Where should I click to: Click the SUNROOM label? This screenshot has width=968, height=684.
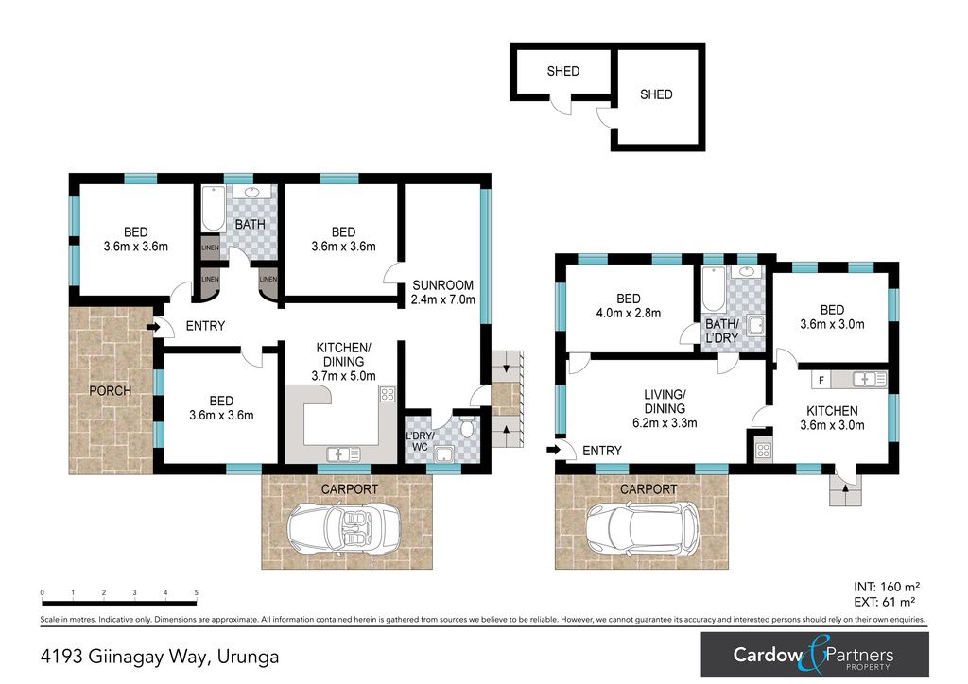pos(442,285)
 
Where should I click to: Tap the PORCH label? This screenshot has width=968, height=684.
pos(111,390)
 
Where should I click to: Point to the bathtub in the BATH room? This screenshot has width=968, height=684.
pos(214,209)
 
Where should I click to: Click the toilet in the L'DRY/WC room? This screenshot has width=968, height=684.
pos(467,425)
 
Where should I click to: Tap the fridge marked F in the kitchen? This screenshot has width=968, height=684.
pos(821,380)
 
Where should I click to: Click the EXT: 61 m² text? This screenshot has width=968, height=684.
pos(884,602)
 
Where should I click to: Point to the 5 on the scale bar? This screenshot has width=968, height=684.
pos(197,592)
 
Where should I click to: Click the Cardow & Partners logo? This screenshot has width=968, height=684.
pos(814,655)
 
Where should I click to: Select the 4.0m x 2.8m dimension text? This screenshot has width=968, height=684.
pos(629,313)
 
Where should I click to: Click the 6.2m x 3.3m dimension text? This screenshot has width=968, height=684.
pos(665,423)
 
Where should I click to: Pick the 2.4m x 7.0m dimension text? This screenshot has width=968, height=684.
pos(443,299)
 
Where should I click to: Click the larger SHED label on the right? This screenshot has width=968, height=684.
pos(656,94)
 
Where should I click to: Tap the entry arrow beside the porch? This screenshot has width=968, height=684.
pos(153,326)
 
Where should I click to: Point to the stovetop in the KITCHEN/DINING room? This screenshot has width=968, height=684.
pos(388,394)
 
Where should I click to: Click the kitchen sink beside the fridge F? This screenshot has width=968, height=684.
pos(870,379)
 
